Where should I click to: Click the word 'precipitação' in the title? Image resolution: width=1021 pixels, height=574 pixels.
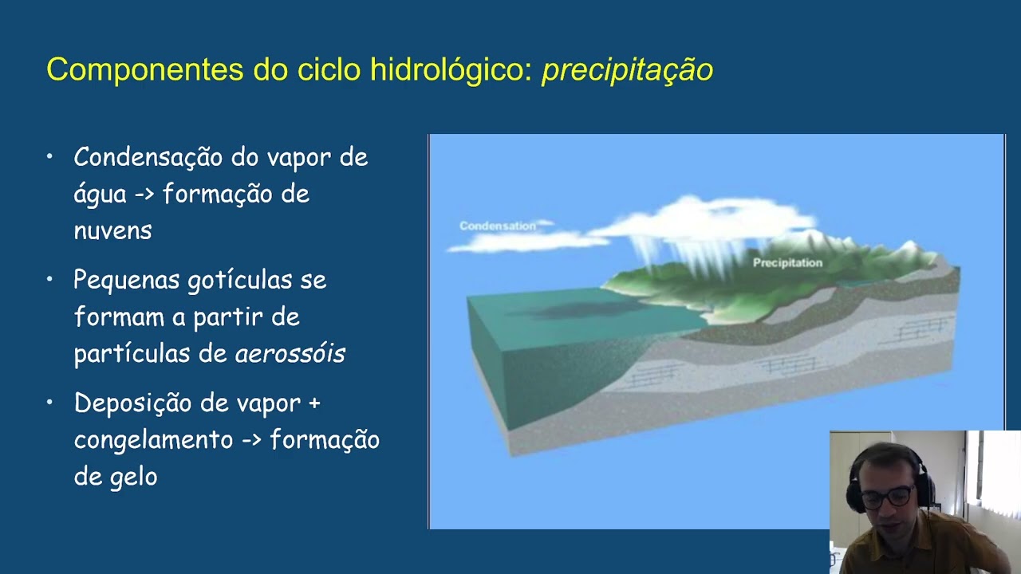627,70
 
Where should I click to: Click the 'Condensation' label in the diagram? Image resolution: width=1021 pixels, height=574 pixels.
498,226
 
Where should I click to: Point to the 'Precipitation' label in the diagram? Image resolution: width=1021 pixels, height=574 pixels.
787,262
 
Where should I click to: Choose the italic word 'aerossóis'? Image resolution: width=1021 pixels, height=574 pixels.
290,354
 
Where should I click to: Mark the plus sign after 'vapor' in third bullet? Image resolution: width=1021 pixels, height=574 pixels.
313,403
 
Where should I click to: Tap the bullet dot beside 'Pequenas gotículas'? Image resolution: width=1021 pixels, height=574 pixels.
49,279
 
